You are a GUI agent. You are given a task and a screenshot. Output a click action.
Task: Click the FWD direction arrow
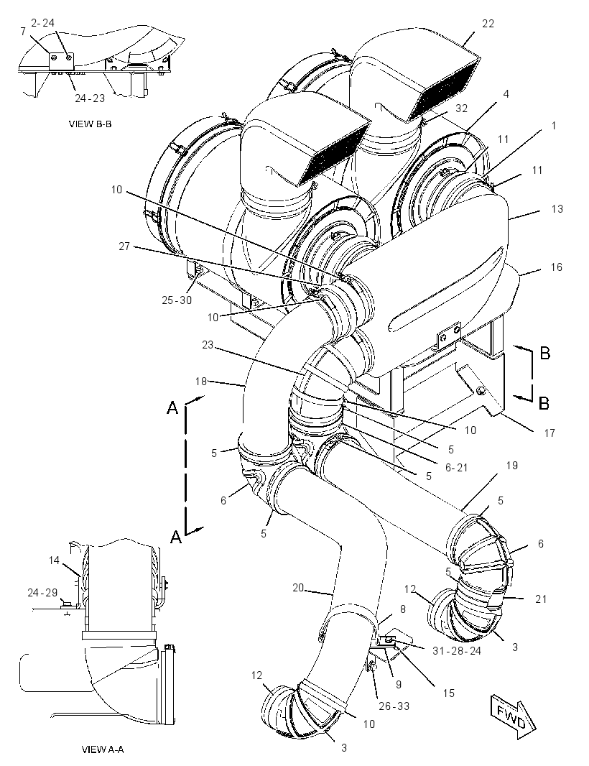[x=514, y=715]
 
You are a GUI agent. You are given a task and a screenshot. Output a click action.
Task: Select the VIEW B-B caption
[x=90, y=124]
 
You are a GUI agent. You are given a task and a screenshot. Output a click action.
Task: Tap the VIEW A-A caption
[x=103, y=749]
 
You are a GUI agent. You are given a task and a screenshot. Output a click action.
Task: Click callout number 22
[x=488, y=24]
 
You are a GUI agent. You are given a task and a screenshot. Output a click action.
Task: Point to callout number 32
[x=461, y=109]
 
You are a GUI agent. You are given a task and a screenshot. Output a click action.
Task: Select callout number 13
[x=557, y=209]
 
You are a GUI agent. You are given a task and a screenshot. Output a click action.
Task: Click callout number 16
[x=556, y=267]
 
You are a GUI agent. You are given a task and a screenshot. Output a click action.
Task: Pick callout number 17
[x=549, y=433]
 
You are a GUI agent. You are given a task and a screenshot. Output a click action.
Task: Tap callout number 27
[x=124, y=246]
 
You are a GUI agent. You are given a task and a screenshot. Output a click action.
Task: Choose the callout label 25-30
[x=177, y=300]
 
